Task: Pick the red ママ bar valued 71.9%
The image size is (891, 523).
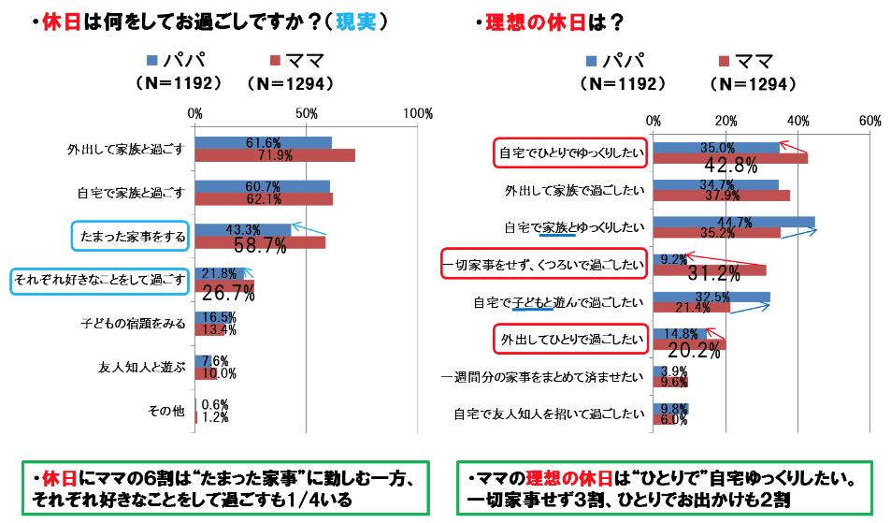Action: [275, 155]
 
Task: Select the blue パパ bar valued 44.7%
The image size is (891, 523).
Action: [734, 222]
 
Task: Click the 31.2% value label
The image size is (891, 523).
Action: [714, 273]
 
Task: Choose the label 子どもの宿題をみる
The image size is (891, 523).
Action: [135, 324]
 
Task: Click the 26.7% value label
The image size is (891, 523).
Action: [229, 293]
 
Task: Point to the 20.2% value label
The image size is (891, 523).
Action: [693, 351]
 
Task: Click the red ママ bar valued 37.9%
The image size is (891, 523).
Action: [722, 196]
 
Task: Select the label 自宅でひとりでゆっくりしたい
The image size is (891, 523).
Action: [570, 153]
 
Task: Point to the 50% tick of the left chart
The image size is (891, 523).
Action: [305, 113]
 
